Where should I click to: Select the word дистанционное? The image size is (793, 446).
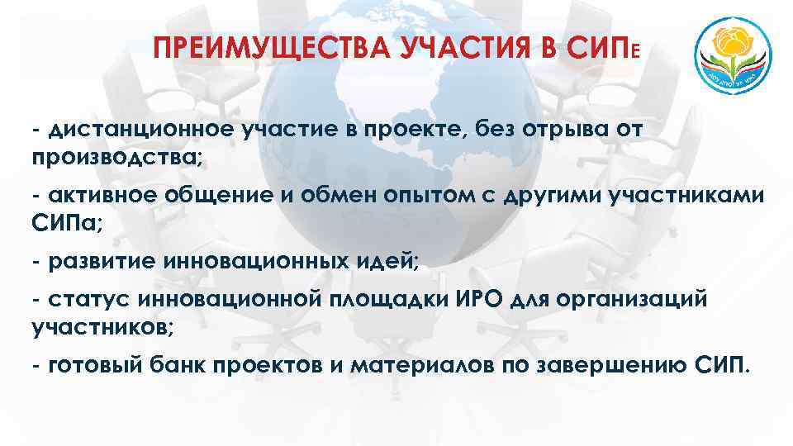click(142, 130)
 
